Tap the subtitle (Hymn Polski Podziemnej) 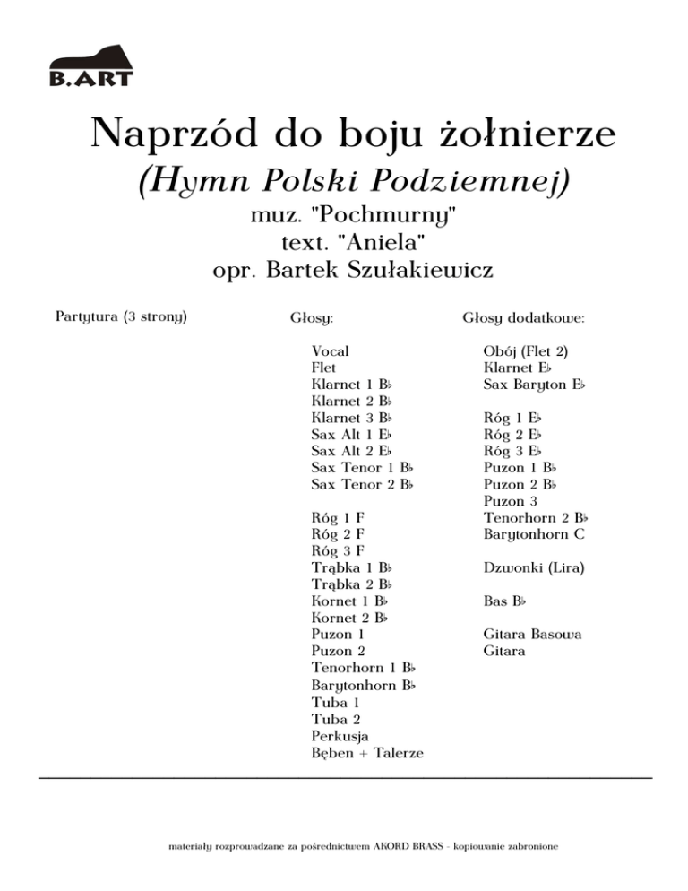click(x=355, y=182)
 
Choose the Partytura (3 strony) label click(x=121, y=317)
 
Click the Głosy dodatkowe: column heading click(x=524, y=318)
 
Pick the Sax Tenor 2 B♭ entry click(x=362, y=485)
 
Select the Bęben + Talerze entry click(x=367, y=752)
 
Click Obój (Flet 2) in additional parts click(x=527, y=351)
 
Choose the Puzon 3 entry click(x=511, y=501)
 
